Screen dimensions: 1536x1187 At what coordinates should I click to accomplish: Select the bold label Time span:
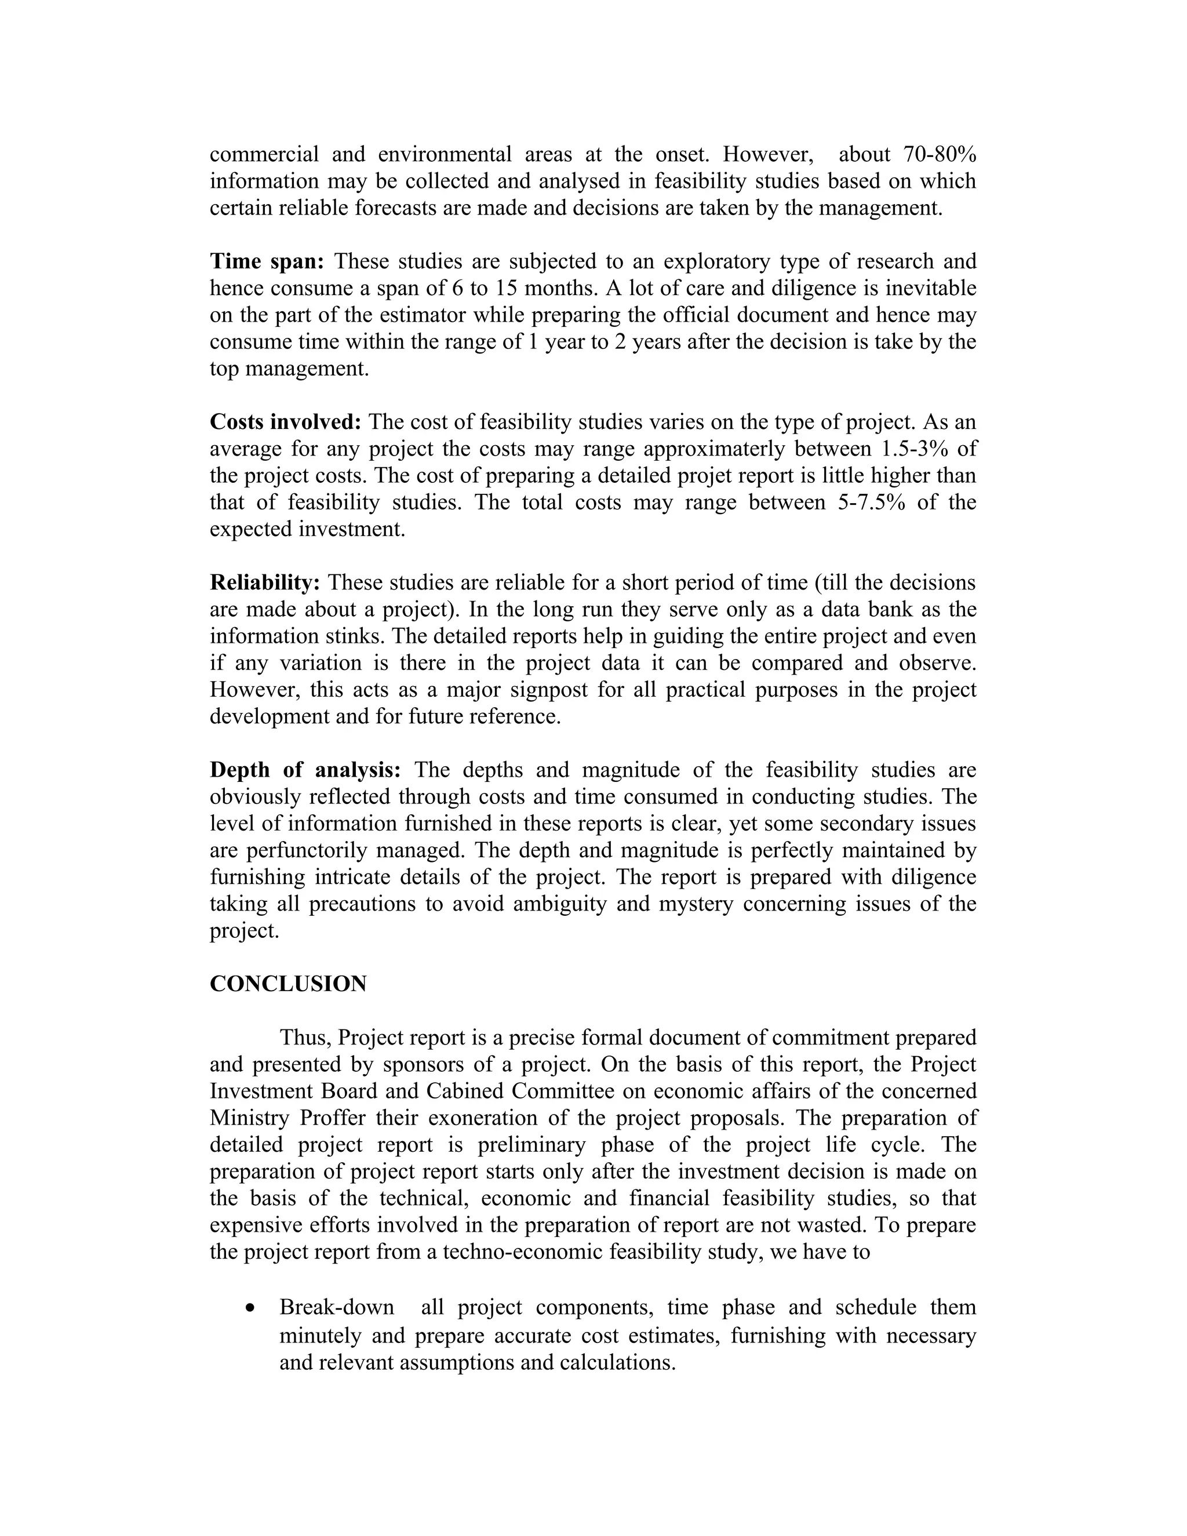(267, 261)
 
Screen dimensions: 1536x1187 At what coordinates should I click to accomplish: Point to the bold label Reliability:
(265, 583)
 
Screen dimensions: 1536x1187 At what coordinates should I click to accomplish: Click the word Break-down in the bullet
(337, 1308)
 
